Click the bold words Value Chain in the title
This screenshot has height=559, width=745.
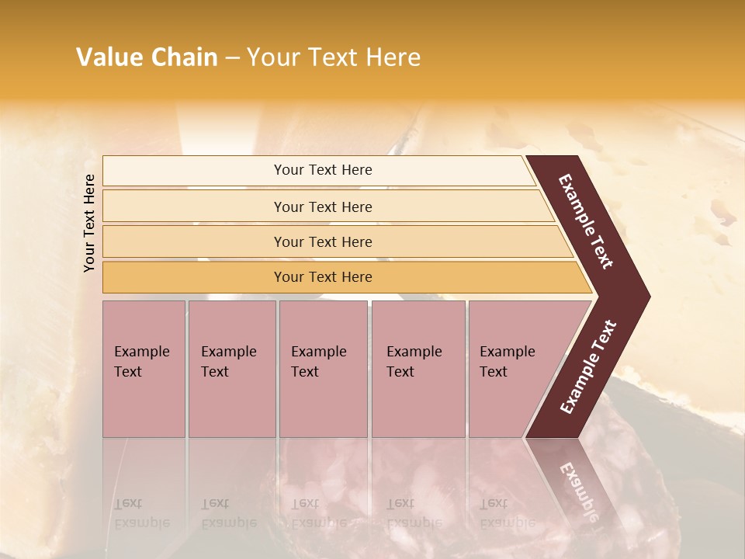tap(147, 57)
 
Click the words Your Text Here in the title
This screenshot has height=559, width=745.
tap(333, 57)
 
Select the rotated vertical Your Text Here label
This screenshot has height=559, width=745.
tap(89, 223)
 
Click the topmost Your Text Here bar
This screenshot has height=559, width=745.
tap(323, 170)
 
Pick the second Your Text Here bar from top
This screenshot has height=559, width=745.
tap(323, 207)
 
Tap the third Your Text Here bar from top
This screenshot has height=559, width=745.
tap(323, 241)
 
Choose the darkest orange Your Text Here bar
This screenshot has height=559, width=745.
tap(323, 277)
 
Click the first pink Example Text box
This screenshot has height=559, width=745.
tap(144, 368)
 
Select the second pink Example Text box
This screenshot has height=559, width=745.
tap(231, 368)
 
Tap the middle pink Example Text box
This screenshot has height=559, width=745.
tap(323, 368)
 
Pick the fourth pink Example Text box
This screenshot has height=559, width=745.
tap(418, 368)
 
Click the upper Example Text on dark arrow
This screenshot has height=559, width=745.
tap(587, 222)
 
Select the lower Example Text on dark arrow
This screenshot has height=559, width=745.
tap(588, 366)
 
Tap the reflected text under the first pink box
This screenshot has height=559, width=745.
tap(142, 513)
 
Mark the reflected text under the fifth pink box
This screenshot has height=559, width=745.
tap(507, 513)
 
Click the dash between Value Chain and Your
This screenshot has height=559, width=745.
tap(231, 58)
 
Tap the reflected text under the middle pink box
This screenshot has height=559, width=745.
tap(319, 513)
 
